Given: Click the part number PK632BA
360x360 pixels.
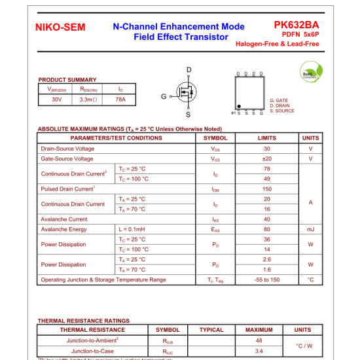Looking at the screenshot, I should (x=297, y=24).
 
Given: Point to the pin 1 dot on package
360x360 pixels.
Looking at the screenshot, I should (x=239, y=106).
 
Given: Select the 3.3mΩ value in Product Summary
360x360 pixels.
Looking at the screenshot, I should (x=88, y=99).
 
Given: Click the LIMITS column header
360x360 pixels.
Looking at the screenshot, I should (x=266, y=138).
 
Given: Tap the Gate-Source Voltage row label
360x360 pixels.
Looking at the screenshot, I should (x=67, y=158).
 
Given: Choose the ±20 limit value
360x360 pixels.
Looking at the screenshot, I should (x=266, y=158).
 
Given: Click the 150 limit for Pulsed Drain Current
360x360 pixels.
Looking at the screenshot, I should (x=266, y=189).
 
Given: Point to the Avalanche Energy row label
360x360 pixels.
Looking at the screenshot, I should (x=63, y=229).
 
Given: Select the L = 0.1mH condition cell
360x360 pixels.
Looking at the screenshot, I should (x=132, y=229).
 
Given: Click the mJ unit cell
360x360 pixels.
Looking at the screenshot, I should (x=310, y=229).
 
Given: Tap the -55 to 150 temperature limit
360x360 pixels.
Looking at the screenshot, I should (x=266, y=279).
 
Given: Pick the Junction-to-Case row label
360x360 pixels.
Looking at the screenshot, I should (x=92, y=351).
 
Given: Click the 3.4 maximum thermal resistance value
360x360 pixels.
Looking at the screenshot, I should (x=259, y=351).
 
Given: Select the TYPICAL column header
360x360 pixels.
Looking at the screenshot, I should (x=211, y=330).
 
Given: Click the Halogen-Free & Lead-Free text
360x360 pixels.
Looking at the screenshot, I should (x=278, y=43).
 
